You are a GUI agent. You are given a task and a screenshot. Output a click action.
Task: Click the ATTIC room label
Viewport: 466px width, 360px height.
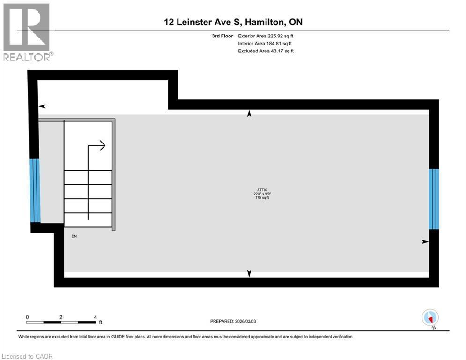coord(261,189)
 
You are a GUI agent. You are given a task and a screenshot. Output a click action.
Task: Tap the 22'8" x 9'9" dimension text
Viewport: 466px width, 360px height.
coord(261,194)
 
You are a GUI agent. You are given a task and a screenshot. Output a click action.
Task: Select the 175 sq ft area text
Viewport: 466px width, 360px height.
coord(261,198)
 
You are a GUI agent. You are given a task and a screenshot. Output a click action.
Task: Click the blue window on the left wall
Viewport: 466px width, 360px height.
coord(35,190)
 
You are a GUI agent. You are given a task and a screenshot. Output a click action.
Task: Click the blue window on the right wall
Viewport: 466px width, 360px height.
coord(434,199)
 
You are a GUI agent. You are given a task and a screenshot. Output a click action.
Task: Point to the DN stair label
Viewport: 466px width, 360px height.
coord(74,236)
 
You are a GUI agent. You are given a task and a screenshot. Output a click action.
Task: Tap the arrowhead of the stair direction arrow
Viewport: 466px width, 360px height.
coord(102,145)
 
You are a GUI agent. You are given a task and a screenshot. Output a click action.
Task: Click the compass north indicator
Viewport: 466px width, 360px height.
coord(429,318)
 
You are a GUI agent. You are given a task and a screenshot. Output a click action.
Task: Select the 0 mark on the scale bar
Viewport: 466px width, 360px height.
coord(28,317)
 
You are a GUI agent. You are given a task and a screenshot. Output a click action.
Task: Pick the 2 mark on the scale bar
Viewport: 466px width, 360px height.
coord(61,317)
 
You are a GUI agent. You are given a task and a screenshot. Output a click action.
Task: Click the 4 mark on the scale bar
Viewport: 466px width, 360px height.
coord(95,317)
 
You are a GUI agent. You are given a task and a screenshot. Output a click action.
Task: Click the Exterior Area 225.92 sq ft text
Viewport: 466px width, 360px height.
coord(266,36)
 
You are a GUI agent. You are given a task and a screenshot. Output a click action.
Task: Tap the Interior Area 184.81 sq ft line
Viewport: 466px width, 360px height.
coord(265,44)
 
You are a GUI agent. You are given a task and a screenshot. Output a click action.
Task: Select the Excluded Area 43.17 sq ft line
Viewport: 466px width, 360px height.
coord(266,51)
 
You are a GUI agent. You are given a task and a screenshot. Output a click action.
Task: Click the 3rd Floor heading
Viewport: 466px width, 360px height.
coord(222,36)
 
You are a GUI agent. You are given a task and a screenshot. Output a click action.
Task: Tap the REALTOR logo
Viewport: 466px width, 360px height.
coord(27,32)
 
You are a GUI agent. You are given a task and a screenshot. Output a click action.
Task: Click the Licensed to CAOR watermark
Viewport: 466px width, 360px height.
coord(28,356)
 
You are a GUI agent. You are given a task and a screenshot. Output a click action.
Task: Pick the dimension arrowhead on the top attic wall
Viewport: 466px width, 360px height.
coord(249,114)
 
